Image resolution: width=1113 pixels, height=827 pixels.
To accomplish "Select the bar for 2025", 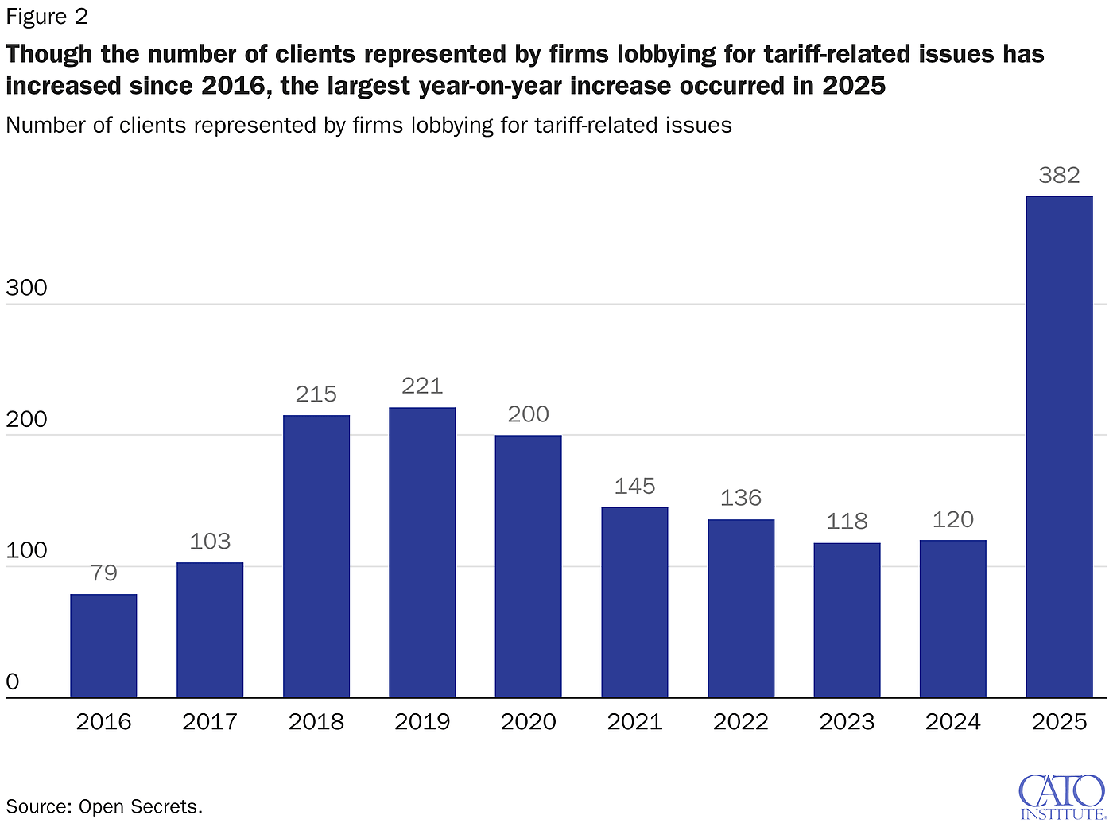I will coord(1059,447).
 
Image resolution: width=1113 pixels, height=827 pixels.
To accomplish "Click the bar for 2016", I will coord(103,646).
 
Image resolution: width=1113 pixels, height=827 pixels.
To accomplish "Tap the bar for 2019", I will coord(422,553).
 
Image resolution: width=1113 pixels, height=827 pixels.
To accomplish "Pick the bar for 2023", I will coord(847,620).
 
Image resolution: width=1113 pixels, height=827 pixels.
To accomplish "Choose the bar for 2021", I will coord(634,603).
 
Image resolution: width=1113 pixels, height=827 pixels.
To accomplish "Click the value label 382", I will coord(1059,175).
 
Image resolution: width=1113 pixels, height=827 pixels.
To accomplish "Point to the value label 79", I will coord(103,573).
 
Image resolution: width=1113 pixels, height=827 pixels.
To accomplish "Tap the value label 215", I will coord(316,394).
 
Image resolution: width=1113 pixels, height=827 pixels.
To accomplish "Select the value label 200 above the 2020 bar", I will coord(529,414).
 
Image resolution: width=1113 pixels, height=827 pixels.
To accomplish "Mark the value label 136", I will coord(741,498).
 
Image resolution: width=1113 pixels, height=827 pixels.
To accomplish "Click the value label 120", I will coord(953,519).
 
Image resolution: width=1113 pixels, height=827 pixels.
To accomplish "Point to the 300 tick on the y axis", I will coord(26,288).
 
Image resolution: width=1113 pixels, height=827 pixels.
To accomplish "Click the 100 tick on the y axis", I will coord(26,550).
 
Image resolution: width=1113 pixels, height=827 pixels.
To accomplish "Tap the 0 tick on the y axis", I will coord(12,681).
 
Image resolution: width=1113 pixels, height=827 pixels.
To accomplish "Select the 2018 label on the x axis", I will coord(316,721).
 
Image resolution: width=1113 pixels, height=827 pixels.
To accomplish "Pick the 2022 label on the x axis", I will coord(741,721).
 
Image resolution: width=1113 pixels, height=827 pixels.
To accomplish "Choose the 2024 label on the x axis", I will coord(953,721).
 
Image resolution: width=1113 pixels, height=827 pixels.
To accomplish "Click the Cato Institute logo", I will coord(1062,797).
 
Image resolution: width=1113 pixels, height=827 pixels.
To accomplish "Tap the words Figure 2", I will coord(47,17).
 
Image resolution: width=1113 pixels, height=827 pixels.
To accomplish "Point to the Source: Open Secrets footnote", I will coord(104,806).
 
